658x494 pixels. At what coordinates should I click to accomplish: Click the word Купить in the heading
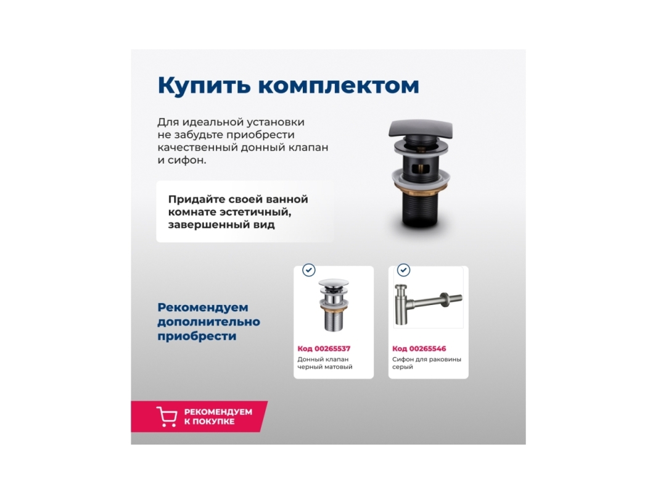tap(204, 86)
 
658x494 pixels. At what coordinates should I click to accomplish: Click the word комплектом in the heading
tap(339, 86)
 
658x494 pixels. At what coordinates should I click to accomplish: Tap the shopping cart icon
tap(167, 416)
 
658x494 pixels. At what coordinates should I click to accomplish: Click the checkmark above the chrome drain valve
tap(309, 270)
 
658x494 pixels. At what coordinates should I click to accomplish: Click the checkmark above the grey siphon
tap(404, 270)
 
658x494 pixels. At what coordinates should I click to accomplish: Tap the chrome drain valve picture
tap(334, 304)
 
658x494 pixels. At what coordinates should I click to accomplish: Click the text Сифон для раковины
tap(426, 359)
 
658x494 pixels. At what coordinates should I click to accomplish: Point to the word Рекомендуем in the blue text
tap(203, 308)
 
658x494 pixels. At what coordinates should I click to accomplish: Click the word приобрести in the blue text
tap(197, 336)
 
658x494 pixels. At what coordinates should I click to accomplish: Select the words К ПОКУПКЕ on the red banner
tap(209, 421)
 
